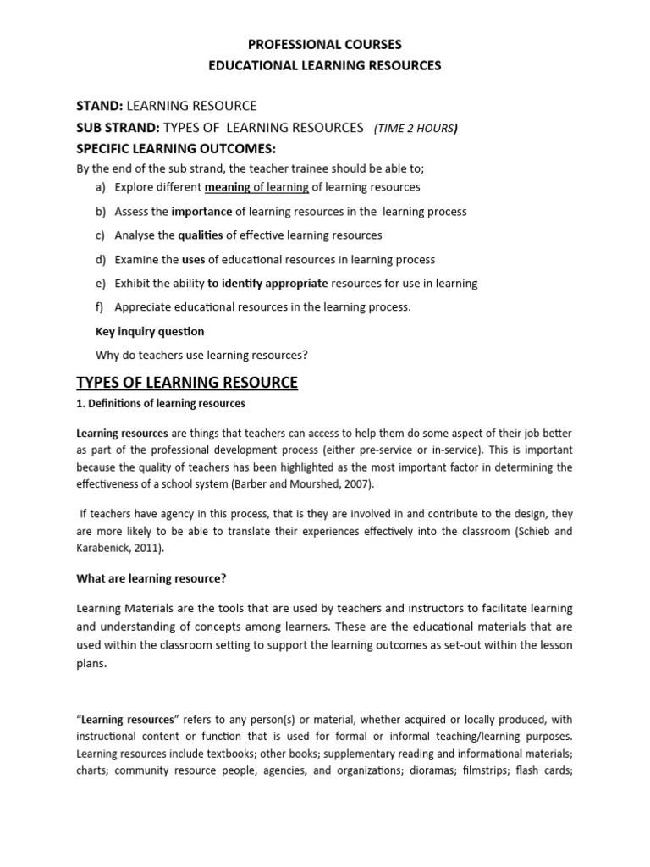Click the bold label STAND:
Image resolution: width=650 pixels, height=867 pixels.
point(101,105)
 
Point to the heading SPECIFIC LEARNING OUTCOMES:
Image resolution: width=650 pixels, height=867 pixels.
point(166,149)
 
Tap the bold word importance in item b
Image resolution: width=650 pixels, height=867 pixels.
point(202,212)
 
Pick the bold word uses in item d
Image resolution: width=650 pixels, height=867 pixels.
point(194,260)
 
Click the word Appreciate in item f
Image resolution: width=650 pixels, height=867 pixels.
point(145,307)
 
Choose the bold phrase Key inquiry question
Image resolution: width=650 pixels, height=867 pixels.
point(151,331)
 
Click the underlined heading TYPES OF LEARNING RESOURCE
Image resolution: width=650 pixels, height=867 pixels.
point(187,383)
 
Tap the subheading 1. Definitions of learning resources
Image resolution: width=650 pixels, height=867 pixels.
point(161,404)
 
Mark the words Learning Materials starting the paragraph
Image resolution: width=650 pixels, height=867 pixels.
point(119,609)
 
